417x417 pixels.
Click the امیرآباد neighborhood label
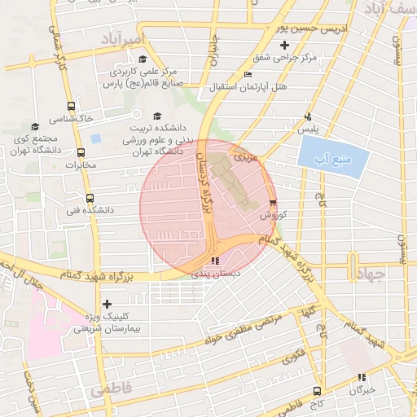pyautogui.click(x=123, y=38)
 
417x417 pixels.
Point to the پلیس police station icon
pyautogui.click(x=307, y=116)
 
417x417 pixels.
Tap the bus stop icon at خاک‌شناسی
pyautogui.click(x=71, y=106)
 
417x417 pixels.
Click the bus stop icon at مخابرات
pyautogui.click(x=80, y=152)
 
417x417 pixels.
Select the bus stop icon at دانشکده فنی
pyautogui.click(x=90, y=198)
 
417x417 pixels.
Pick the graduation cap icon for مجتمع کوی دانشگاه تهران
pyautogui.click(x=34, y=126)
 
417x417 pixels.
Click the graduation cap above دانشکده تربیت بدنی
pyautogui.click(x=157, y=116)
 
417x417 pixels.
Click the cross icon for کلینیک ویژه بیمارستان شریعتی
pyautogui.click(x=107, y=304)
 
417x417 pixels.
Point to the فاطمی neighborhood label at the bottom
pyautogui.click(x=110, y=389)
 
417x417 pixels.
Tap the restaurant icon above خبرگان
pyautogui.click(x=362, y=377)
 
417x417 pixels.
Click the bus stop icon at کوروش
pyautogui.click(x=272, y=204)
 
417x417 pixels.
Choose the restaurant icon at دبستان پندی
pyautogui.click(x=214, y=261)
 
